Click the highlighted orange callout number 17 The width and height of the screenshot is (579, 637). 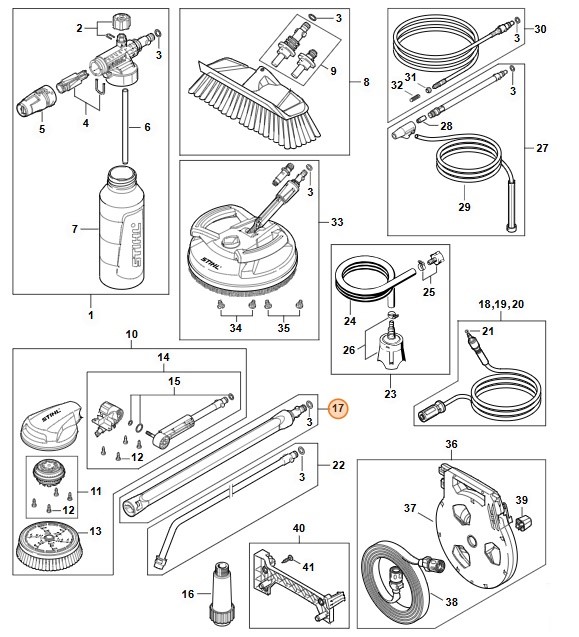tap(338, 407)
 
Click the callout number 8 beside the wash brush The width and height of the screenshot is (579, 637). tap(366, 82)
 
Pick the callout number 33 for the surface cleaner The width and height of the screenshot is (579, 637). tap(337, 222)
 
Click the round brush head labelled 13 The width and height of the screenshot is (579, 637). tap(50, 546)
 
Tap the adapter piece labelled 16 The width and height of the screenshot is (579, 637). tap(220, 584)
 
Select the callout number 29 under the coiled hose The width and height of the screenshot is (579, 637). tap(464, 207)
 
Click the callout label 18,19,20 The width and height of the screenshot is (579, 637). tap(501, 304)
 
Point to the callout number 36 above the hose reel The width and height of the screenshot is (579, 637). tap(451, 444)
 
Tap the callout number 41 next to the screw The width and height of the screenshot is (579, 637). tap(308, 567)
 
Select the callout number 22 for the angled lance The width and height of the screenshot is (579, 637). tap(338, 465)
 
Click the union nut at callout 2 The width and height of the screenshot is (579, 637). tap(118, 21)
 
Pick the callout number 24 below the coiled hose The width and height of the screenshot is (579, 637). tap(350, 321)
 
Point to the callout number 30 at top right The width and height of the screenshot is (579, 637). tap(540, 29)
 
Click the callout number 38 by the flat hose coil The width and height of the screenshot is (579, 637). tap(451, 602)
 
